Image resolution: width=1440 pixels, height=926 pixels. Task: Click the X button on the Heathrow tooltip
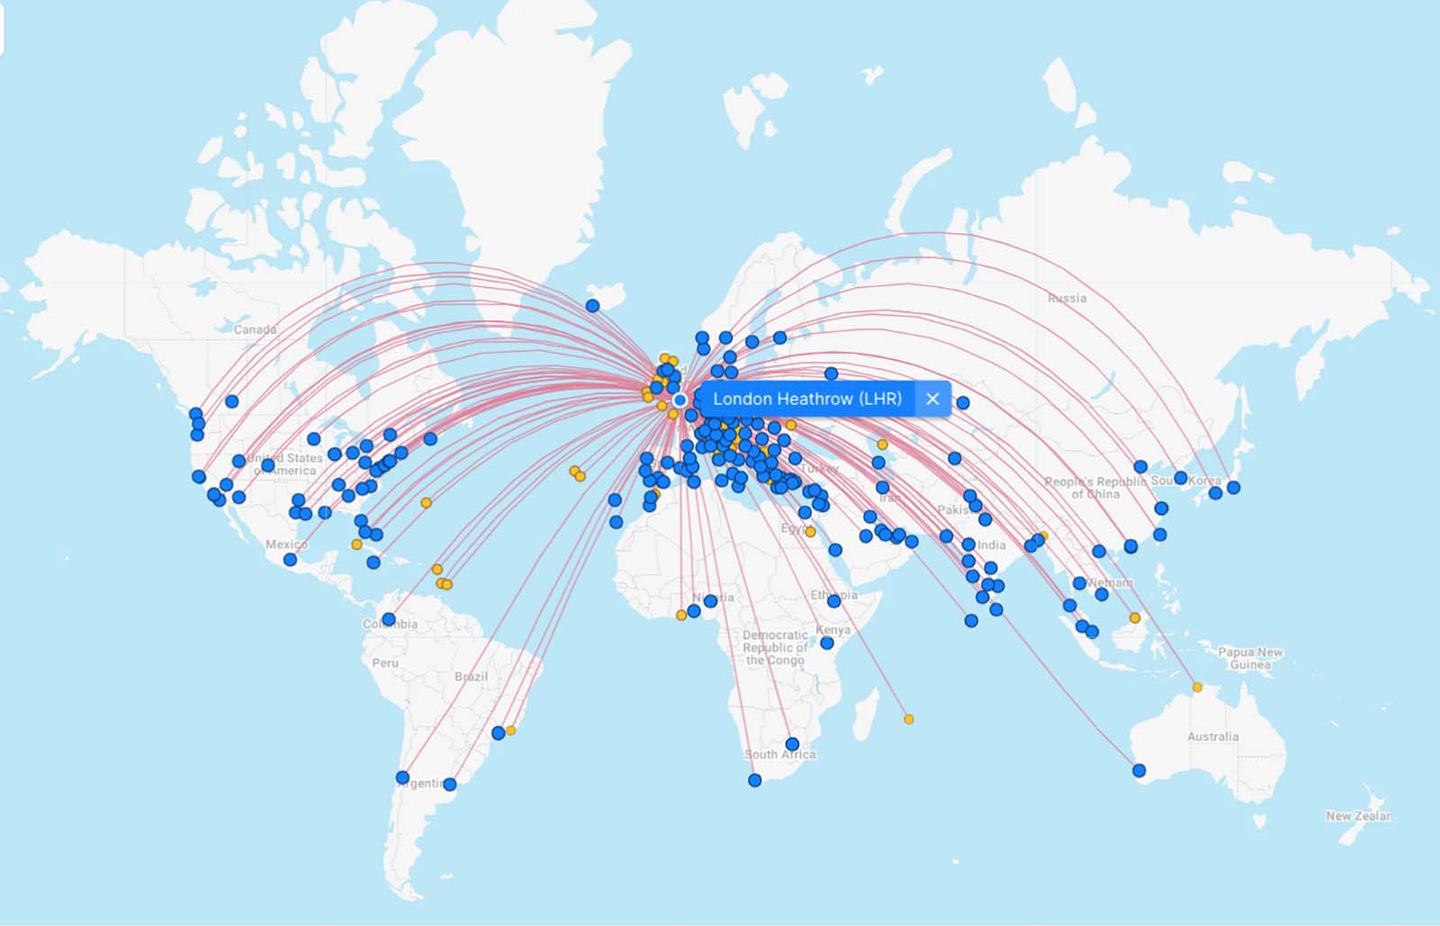click(x=932, y=399)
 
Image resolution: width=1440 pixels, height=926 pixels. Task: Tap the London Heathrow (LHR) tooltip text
click(x=806, y=399)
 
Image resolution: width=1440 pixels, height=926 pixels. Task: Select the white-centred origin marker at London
click(x=679, y=400)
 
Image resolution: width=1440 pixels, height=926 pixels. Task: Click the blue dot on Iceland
click(x=592, y=306)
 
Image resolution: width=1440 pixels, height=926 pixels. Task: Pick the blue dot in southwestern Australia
click(x=1139, y=770)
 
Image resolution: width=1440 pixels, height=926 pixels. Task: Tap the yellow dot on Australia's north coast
click(x=1197, y=688)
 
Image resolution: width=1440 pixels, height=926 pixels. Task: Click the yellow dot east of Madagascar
click(x=909, y=719)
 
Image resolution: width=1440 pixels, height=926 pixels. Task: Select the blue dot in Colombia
click(x=388, y=619)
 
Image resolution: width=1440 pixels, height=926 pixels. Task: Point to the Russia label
click(x=1066, y=298)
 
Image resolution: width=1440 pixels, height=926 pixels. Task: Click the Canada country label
click(x=256, y=329)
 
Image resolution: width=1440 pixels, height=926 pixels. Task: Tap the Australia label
click(x=1212, y=736)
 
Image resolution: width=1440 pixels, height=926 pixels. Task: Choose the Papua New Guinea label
click(x=1250, y=658)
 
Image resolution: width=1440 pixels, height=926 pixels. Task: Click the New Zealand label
click(x=1358, y=816)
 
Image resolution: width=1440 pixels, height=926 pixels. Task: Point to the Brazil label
click(x=471, y=676)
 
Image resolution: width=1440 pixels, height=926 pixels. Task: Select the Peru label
click(x=384, y=662)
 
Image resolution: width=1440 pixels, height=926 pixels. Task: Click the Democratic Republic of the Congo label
click(x=775, y=647)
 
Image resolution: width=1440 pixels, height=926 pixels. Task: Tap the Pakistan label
click(x=956, y=509)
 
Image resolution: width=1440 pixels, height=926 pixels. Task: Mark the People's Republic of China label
click(x=1095, y=488)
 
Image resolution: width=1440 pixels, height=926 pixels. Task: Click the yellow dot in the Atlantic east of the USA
click(x=426, y=503)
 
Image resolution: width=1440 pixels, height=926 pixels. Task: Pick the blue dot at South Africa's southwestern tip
click(x=754, y=780)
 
